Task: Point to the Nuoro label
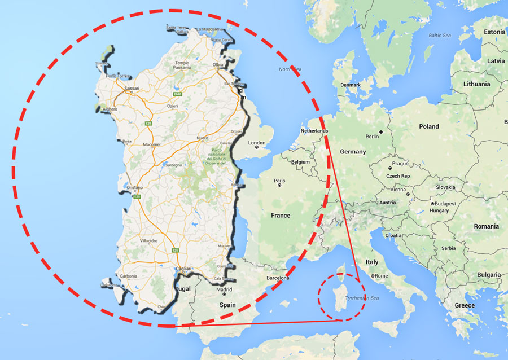point(203,138)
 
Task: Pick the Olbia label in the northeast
point(217,65)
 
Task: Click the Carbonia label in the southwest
point(129,276)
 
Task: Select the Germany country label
point(353,152)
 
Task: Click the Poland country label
point(428,126)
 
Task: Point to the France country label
point(281,216)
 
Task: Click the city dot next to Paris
point(279,187)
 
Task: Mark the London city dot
point(257,147)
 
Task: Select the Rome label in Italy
point(382,276)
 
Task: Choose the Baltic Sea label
point(440,36)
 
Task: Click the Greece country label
point(465,305)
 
